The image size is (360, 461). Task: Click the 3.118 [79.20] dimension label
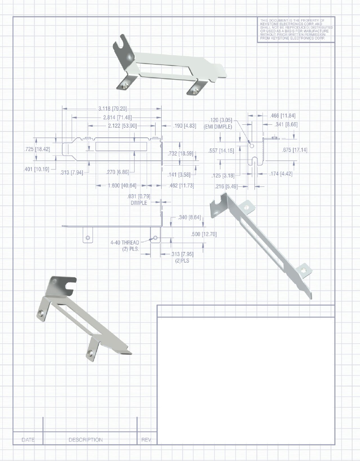click(113, 109)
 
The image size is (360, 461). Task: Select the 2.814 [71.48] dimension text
click(117, 118)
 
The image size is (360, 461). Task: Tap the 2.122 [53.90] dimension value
click(122, 126)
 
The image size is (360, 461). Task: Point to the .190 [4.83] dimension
click(185, 126)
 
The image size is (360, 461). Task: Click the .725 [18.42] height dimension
click(37, 149)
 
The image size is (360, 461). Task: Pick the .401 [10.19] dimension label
click(36, 169)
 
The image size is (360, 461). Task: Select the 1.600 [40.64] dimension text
click(122, 186)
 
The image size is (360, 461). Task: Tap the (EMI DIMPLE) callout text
click(218, 127)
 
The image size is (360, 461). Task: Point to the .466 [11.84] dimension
click(283, 115)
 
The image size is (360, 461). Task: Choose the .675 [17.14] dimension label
click(295, 150)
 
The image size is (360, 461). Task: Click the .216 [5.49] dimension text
click(226, 186)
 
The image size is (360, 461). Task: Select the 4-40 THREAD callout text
click(125, 242)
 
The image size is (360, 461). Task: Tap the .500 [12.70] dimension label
click(204, 234)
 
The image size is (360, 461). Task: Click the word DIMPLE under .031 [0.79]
click(139, 203)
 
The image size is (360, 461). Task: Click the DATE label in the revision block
click(28, 440)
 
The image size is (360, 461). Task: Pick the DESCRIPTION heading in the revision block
click(85, 440)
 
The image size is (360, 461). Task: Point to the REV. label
click(146, 440)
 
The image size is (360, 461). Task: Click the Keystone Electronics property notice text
click(296, 29)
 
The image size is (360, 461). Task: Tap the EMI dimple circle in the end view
click(251, 146)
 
